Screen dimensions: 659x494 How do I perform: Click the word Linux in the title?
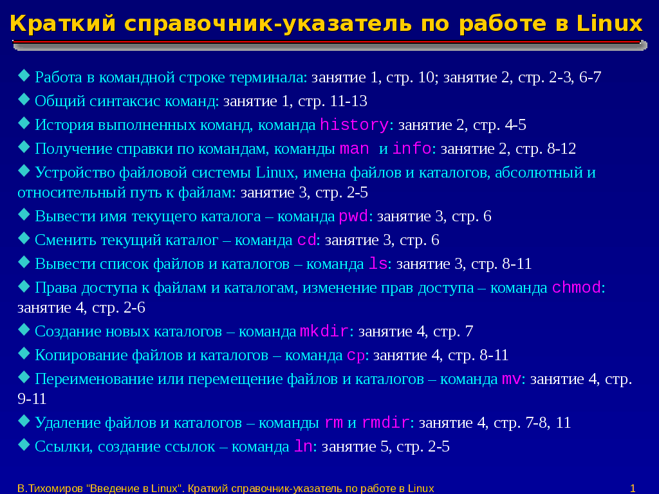click(609, 24)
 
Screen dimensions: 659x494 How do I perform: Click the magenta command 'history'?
click(355, 125)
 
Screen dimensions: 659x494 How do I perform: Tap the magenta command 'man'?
click(355, 149)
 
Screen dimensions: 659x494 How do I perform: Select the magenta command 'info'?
click(412, 149)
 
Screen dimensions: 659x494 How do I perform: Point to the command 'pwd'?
click(353, 216)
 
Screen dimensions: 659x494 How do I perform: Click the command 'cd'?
click(307, 240)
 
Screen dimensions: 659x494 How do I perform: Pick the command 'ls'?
click(378, 263)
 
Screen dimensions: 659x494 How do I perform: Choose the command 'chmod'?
click(576, 288)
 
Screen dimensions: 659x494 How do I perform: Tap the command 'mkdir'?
click(324, 331)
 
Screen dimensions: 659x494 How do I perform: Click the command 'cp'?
click(356, 356)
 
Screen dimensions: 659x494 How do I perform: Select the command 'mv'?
click(512, 380)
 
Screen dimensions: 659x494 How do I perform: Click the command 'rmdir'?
click(386, 422)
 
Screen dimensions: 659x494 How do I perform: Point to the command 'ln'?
click(304, 446)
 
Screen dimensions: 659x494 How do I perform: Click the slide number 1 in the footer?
click(633, 489)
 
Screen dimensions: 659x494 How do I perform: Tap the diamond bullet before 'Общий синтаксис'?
click(24, 100)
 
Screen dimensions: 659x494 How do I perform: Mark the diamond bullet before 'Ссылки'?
click(24, 445)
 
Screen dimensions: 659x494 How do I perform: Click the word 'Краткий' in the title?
click(62, 24)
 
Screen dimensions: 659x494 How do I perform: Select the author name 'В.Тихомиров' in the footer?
click(50, 489)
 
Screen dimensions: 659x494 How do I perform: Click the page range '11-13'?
click(349, 101)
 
